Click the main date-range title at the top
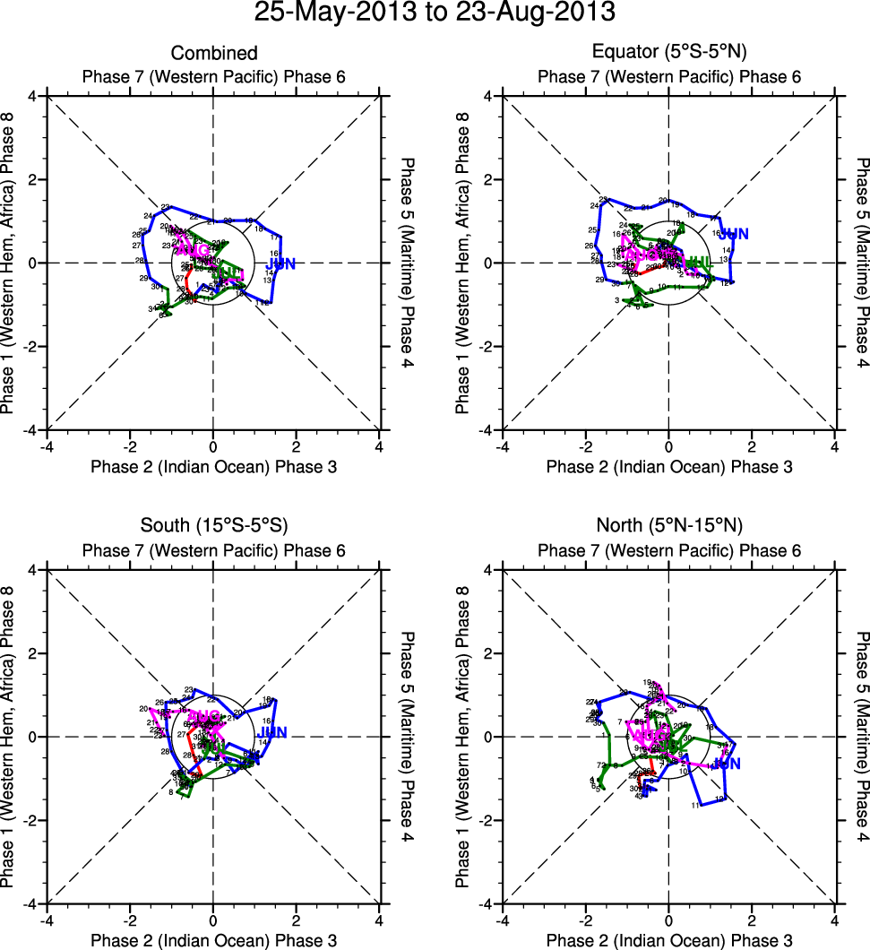pyautogui.click(x=435, y=13)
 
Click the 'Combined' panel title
pyautogui.click(x=213, y=54)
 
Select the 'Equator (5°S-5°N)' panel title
pyautogui.click(x=668, y=52)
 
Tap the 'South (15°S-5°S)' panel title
pyautogui.click(x=213, y=525)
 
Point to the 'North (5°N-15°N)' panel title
pyautogui.click(x=668, y=525)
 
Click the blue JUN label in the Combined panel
pyautogui.click(x=280, y=263)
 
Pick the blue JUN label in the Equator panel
pyautogui.click(x=734, y=234)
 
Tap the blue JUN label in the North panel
pyautogui.click(x=727, y=764)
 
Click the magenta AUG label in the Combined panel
pyautogui.click(x=194, y=248)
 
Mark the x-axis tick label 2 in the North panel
pyautogui.click(x=752, y=920)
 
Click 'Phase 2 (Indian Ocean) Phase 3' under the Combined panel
pyautogui.click(x=213, y=466)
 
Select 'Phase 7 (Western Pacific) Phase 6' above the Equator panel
pyautogui.click(x=668, y=76)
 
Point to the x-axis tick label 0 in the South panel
pyautogui.click(x=213, y=920)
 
